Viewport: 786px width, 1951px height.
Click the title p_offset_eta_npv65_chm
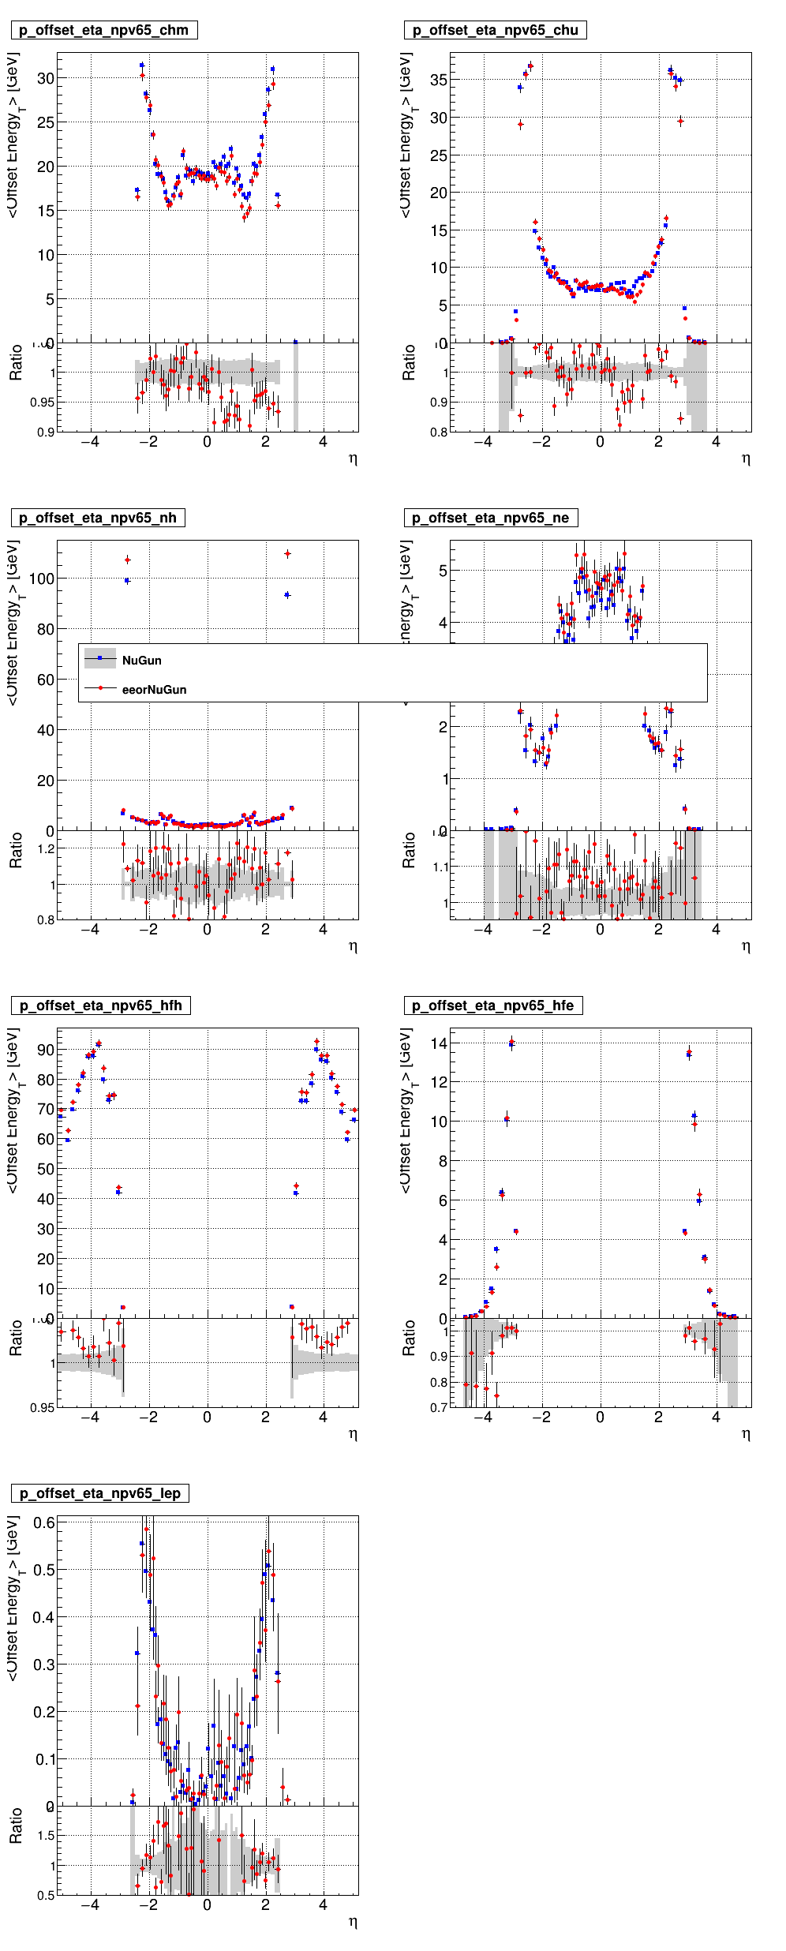pos(103,30)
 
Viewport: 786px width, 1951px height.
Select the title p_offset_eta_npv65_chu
pos(495,30)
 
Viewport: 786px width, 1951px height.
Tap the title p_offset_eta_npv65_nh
pos(98,518)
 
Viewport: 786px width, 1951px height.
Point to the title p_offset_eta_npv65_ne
pos(490,518)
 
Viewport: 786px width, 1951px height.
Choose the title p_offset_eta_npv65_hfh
pos(100,1005)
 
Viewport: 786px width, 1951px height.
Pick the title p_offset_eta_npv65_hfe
pos(492,1005)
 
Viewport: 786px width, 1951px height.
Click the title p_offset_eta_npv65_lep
pos(99,1493)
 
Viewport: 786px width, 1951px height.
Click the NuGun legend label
pos(142,661)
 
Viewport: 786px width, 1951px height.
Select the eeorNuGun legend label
pos(155,690)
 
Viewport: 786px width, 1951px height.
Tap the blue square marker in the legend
pos(100,658)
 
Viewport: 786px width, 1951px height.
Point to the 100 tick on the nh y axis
pos(42,579)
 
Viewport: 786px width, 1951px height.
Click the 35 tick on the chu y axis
pos(439,80)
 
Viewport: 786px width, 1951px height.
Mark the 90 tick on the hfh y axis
pos(46,1050)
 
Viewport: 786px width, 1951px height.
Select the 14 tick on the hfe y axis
pos(439,1043)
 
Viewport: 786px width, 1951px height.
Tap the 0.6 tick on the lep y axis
pos(44,1522)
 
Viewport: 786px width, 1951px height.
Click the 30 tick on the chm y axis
pos(46,78)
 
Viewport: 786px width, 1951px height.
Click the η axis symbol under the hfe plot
pos(746,1433)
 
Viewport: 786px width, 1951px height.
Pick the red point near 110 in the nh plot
pos(287,554)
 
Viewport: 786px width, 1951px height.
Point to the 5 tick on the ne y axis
pos(444,571)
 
